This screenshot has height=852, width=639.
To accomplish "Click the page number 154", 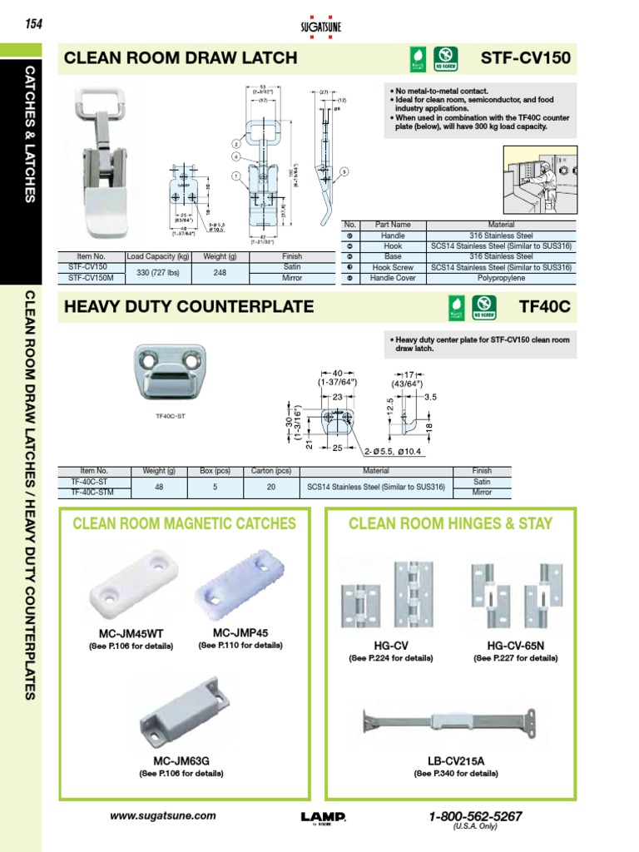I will tap(33, 23).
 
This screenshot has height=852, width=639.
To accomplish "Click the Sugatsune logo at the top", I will tap(319, 24).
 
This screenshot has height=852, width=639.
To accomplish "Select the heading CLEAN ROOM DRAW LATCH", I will tap(181, 57).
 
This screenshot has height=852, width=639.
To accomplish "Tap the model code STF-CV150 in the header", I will tap(526, 57).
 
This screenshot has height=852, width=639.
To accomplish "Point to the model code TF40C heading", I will tap(544, 306).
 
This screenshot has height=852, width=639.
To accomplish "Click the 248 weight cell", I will tap(220, 273).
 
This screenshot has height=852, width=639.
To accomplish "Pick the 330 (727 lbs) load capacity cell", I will tap(157, 273).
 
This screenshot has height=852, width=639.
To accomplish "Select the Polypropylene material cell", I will tap(502, 279).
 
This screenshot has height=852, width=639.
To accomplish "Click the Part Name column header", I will tap(393, 225).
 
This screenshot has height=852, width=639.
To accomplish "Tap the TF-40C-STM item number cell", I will tap(94, 492).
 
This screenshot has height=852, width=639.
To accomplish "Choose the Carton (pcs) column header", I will tap(271, 471).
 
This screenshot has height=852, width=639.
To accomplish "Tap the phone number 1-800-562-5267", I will tap(475, 816).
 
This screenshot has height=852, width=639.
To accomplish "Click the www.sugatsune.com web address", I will tap(163, 816).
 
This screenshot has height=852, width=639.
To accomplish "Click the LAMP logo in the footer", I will tap(323, 818).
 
